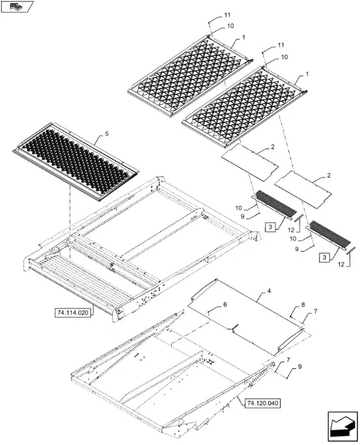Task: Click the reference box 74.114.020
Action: (x=73, y=313)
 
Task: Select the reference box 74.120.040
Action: (x=262, y=403)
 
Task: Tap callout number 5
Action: (x=107, y=133)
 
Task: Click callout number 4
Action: (x=269, y=291)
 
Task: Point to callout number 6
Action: (x=225, y=304)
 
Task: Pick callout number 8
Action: (x=303, y=305)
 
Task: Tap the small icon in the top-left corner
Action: (x=17, y=7)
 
